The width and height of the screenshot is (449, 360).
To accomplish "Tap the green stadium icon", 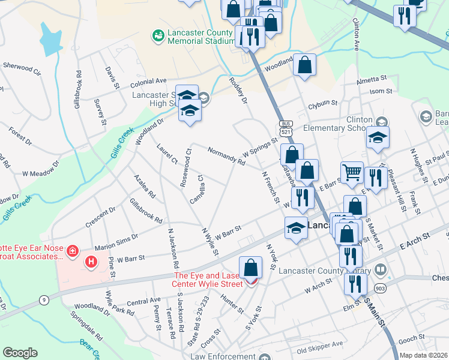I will [158, 37].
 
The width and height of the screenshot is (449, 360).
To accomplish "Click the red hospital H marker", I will [91, 262].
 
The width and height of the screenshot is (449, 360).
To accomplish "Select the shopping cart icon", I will [352, 172].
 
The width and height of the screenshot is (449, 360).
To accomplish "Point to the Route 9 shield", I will [44, 299].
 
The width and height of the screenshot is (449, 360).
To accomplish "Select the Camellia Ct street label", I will [197, 188].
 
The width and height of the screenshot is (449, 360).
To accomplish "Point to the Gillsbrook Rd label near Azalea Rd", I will [146, 211].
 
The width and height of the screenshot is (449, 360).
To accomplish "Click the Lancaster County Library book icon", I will [379, 269].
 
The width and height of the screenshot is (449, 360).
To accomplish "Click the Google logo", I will [20, 353].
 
